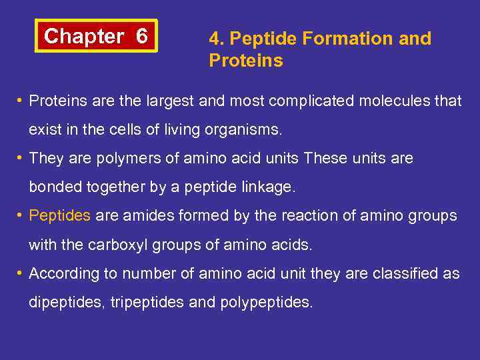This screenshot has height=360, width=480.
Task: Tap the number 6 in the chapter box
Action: (141, 36)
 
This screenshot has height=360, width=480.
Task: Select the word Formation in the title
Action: (351, 39)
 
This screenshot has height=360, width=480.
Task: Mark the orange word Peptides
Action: (60, 216)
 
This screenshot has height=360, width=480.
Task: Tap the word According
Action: (61, 273)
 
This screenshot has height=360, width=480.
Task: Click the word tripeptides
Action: (147, 302)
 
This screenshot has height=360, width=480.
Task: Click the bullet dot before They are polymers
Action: (21, 159)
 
